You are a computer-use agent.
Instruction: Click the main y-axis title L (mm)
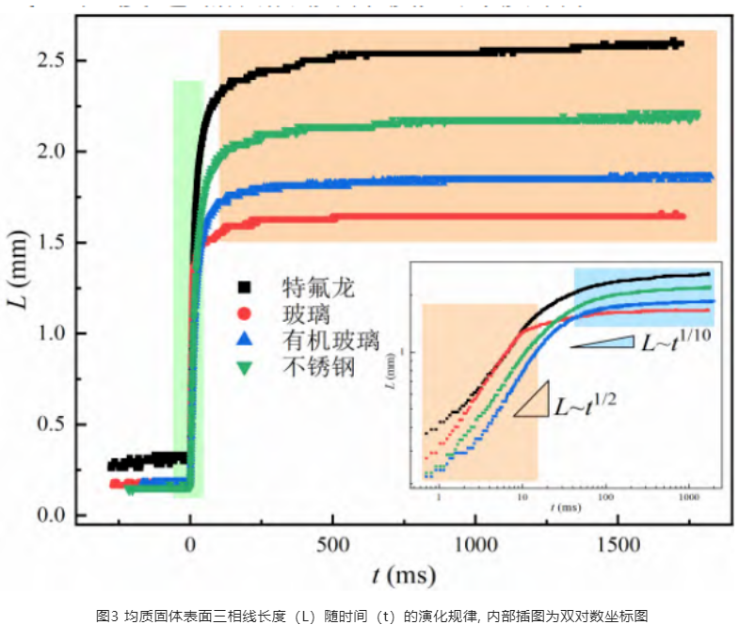pos(20,286)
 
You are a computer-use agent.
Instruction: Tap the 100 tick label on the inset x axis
pos(606,495)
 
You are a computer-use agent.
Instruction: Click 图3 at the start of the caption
pos(106,615)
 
